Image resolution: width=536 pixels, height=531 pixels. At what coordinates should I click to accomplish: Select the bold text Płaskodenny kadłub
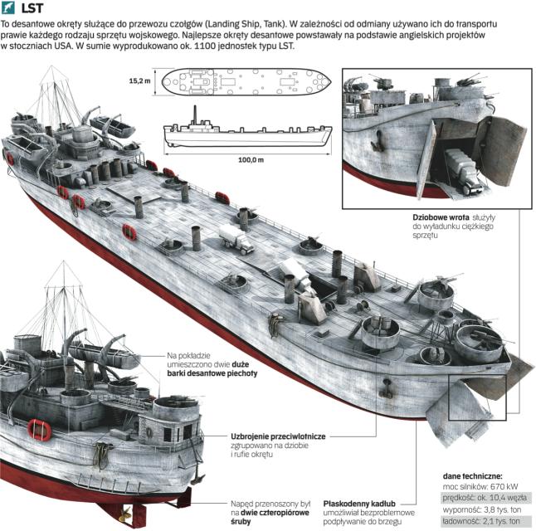click(359, 502)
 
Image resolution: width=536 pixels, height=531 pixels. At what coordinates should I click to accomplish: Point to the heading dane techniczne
click(473, 477)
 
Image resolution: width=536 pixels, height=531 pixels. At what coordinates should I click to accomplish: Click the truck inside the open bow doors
click(462, 170)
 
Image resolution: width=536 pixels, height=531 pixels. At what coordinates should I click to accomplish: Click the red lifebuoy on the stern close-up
click(40, 429)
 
